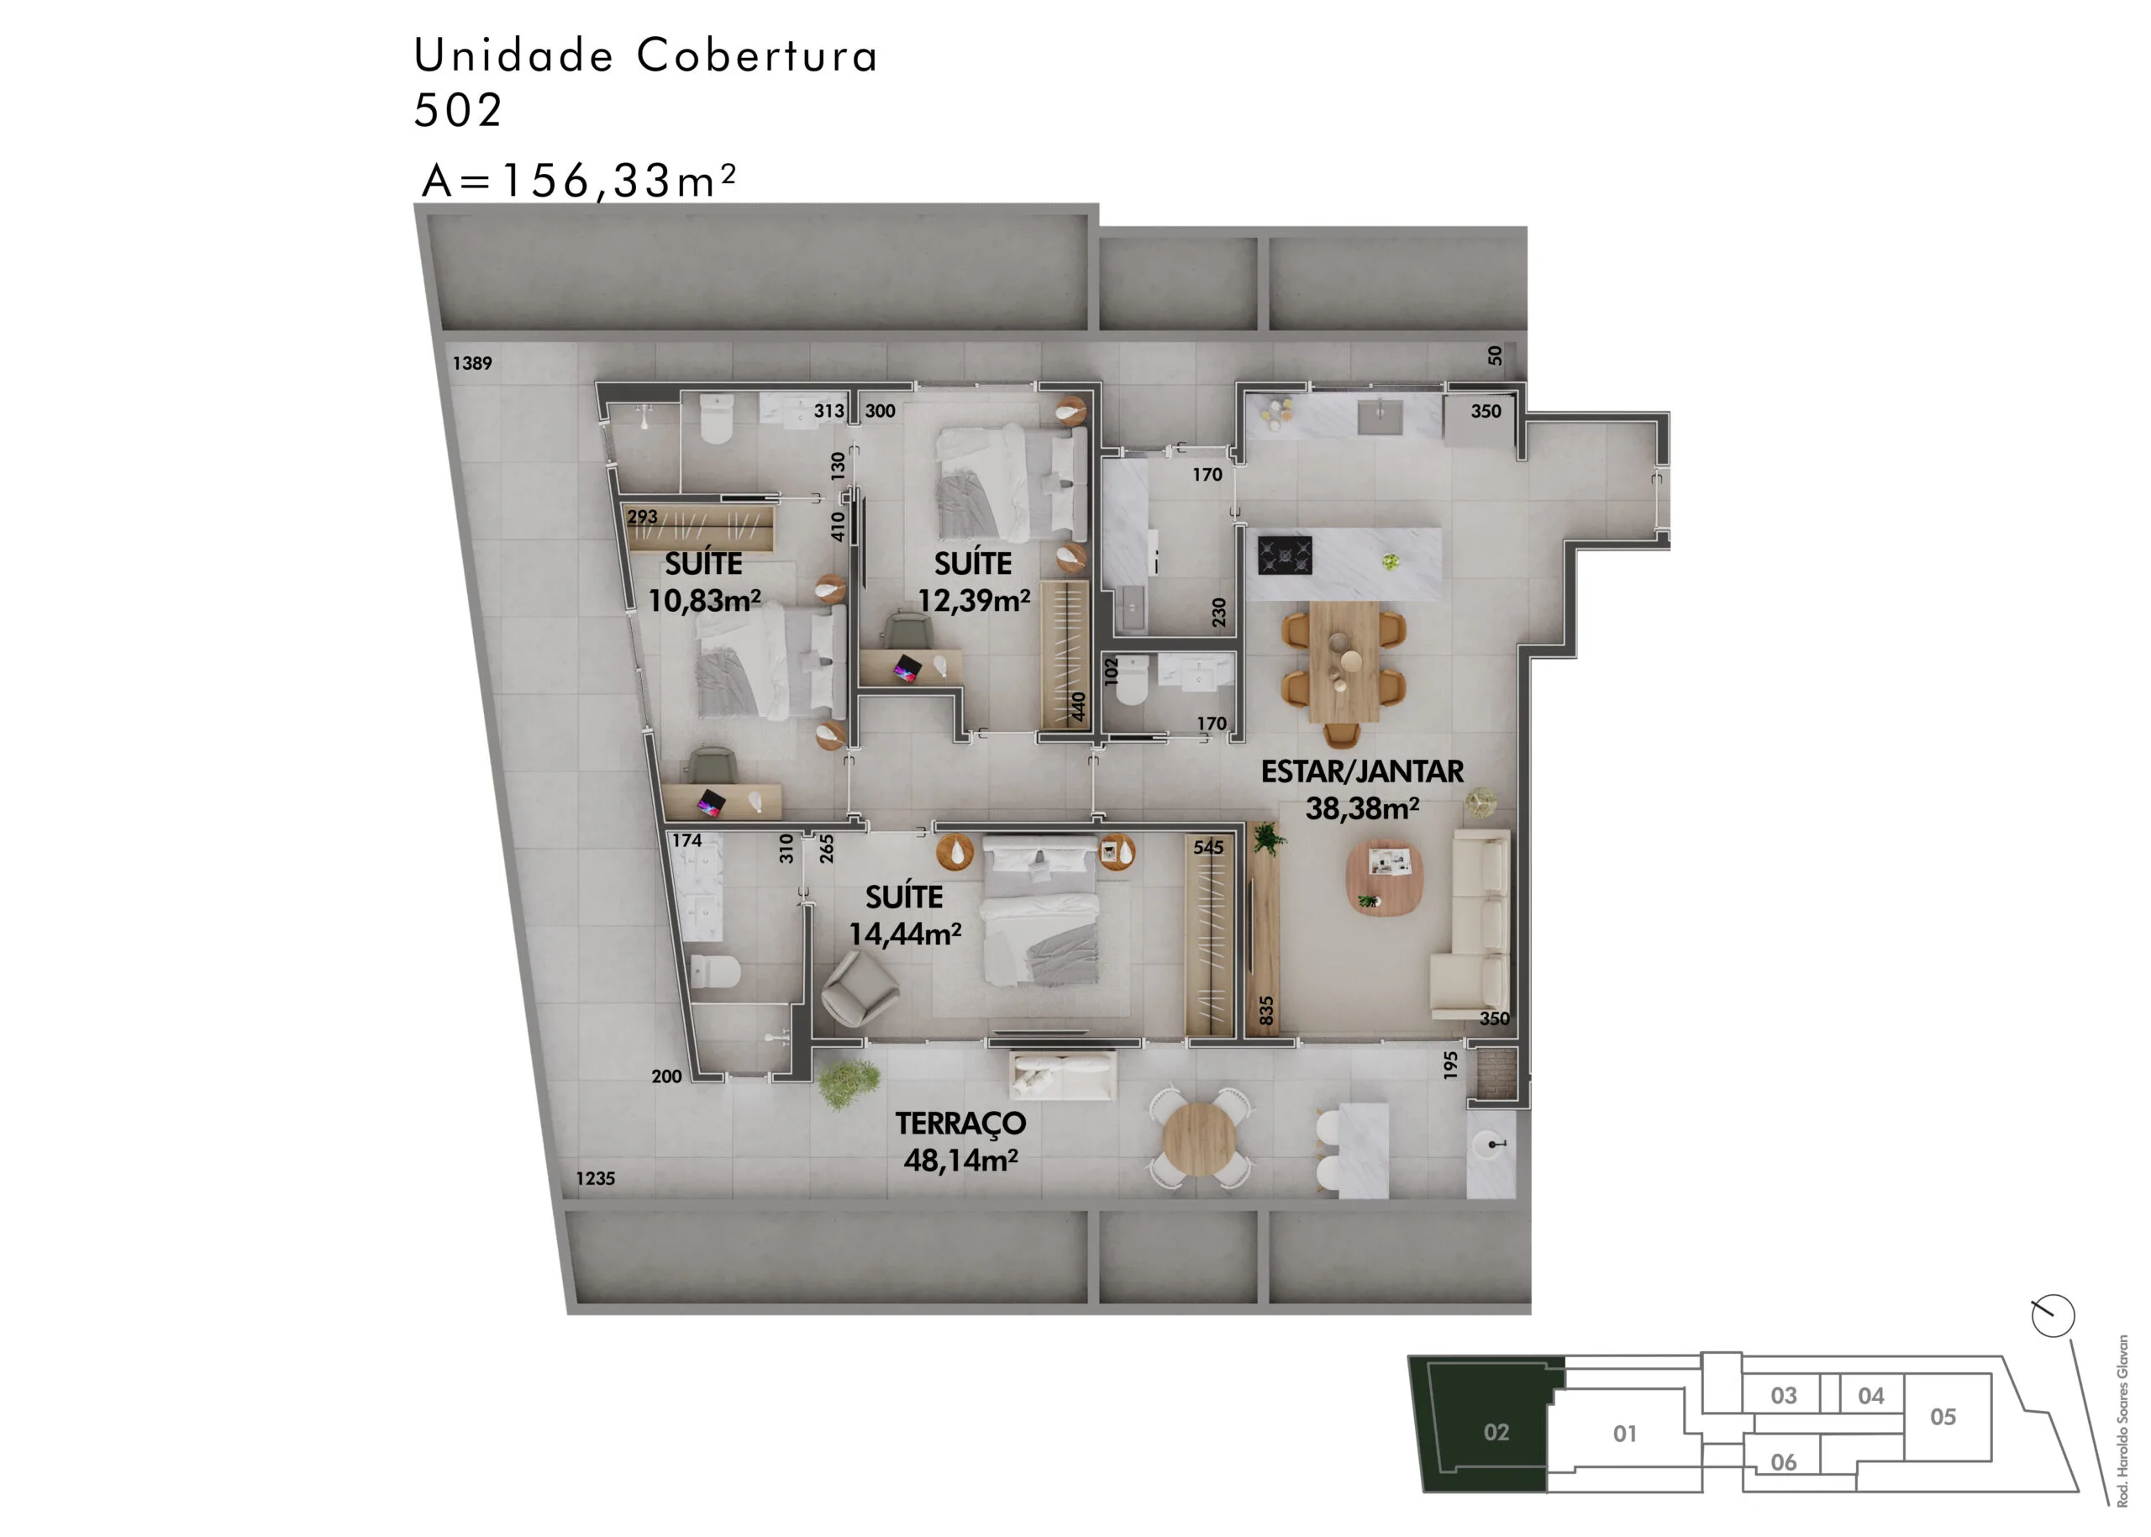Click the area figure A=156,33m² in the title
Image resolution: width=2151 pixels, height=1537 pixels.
[578, 180]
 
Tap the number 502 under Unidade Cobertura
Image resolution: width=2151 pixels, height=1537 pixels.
[458, 111]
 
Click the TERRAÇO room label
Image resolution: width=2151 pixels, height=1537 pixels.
[960, 1124]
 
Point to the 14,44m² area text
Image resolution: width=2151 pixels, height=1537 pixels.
[905, 934]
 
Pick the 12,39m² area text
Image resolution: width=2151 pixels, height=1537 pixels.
[974, 600]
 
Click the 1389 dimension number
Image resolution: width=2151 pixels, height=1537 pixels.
[472, 363]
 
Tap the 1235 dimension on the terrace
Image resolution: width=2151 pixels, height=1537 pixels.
[595, 1178]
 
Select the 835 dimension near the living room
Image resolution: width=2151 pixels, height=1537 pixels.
[1266, 1010]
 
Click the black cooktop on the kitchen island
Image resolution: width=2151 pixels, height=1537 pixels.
[1284, 555]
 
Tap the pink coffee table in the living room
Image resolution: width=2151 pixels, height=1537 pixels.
[1385, 876]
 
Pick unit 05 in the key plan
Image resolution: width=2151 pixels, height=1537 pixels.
[1942, 1417]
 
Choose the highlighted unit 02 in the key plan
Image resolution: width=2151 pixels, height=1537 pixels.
[1495, 1432]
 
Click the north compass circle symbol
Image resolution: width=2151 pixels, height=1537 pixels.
[2053, 1315]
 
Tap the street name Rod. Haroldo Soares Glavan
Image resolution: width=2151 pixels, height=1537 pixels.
[2122, 1419]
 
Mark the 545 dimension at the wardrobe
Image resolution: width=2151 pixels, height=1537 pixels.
[1207, 847]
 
